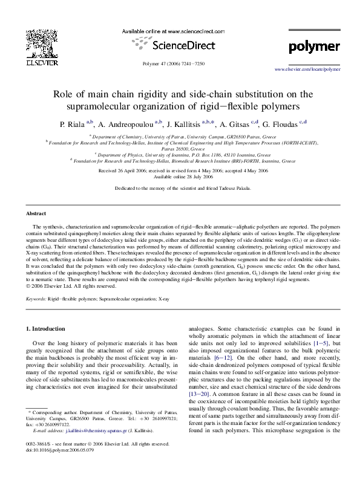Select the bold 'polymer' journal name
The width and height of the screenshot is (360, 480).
point(314,46)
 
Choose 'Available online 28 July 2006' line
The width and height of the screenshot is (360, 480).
point(180,177)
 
